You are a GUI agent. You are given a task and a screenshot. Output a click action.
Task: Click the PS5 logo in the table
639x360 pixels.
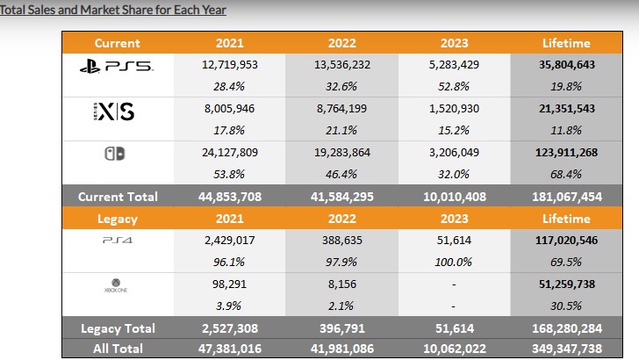(x=118, y=64)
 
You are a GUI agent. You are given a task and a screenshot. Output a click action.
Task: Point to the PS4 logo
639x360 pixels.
(x=118, y=238)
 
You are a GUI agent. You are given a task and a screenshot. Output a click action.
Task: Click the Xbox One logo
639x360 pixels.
(x=118, y=285)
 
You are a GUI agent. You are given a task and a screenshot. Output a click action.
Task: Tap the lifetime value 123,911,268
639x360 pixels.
(x=567, y=152)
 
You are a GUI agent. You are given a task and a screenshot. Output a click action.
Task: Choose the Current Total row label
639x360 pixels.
(x=118, y=196)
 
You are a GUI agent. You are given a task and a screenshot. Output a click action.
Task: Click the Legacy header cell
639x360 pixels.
(x=118, y=217)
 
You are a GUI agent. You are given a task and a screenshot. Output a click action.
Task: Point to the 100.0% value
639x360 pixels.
(x=456, y=260)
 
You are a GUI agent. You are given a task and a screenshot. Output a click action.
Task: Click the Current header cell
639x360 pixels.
(x=118, y=42)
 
